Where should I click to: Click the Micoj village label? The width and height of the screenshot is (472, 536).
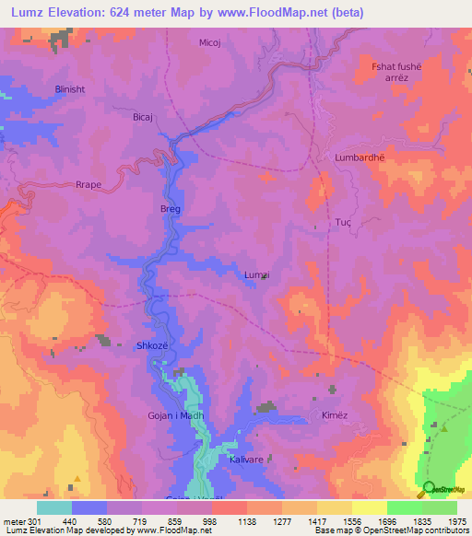click(x=211, y=42)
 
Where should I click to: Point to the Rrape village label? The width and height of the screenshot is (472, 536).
click(x=88, y=184)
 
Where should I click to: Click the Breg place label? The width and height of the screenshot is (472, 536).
click(x=171, y=209)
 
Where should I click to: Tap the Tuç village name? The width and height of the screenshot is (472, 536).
click(x=344, y=223)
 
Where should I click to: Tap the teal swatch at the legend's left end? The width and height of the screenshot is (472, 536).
click(x=54, y=507)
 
